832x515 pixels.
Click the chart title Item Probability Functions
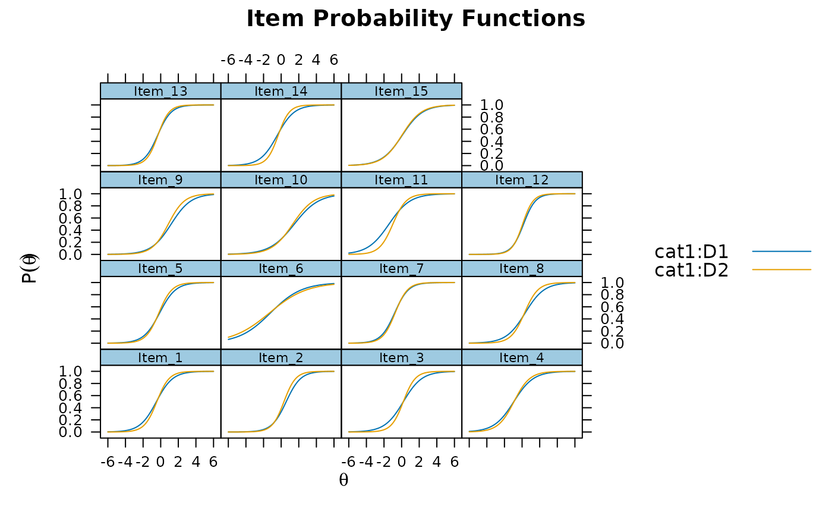coord(415,18)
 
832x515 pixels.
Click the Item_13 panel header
coord(161,91)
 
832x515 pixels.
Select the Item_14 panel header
coord(281,91)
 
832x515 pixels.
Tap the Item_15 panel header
coord(401,91)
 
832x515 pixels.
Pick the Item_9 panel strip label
coord(161,180)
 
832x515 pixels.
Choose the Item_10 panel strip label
coord(281,180)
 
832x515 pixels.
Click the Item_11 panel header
coord(401,180)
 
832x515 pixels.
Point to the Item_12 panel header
coord(522,180)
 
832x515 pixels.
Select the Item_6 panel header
coord(281,269)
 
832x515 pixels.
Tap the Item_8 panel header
coord(522,269)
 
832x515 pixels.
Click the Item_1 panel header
coord(161,357)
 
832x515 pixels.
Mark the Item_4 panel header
coord(522,357)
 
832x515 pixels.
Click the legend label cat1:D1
coord(691,252)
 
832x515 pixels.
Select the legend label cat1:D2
coord(691,270)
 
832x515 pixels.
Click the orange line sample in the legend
coord(781,270)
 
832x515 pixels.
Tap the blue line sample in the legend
coord(781,252)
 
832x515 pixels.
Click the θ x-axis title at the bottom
coord(343,480)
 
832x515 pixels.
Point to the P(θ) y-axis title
coord(30,269)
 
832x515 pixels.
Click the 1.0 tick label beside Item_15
coord(491,105)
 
